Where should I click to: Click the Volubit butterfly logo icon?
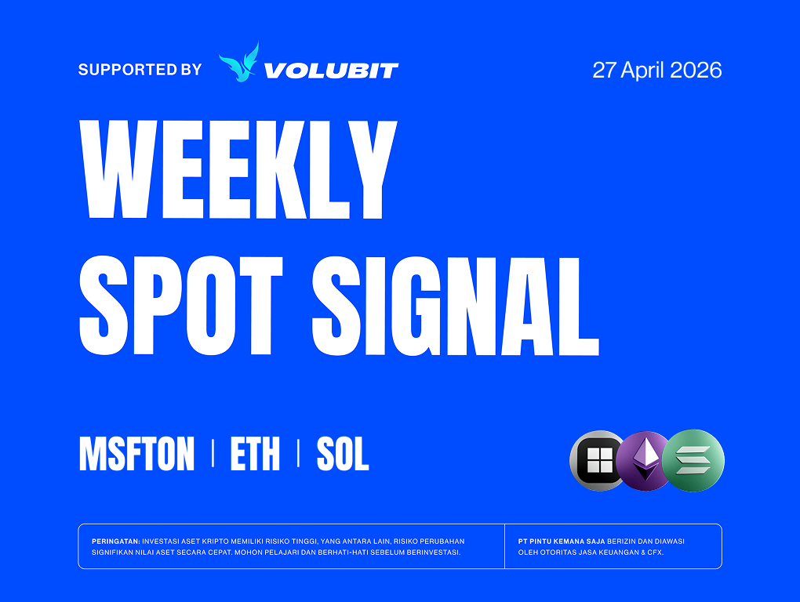click(238, 62)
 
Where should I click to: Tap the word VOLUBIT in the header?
click(331, 71)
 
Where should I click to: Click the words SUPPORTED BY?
click(140, 69)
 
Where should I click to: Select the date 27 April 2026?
click(656, 70)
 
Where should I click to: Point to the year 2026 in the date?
click(696, 70)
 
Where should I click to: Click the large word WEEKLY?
click(238, 169)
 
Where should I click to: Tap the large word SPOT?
click(181, 306)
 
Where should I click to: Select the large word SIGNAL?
click(455, 306)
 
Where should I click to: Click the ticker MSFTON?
click(136, 454)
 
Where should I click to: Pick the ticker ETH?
click(255, 454)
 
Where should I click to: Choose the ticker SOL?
click(342, 454)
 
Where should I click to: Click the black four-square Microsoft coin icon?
click(598, 461)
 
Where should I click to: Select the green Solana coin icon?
click(693, 461)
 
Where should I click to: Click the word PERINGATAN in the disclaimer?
click(116, 542)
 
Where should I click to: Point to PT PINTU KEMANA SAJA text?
click(562, 542)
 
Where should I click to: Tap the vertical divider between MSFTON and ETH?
click(213, 454)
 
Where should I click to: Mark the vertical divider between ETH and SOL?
click(299, 454)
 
